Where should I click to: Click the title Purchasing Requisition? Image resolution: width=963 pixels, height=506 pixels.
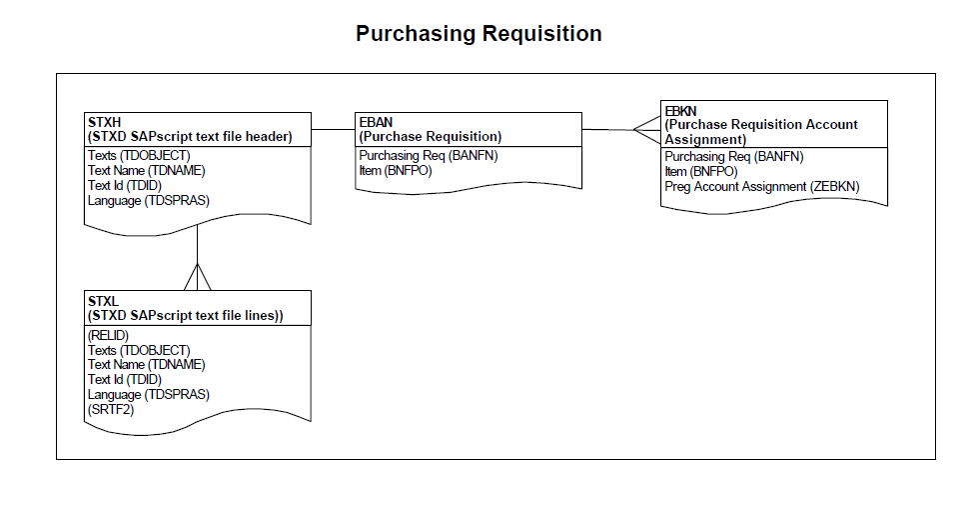[x=479, y=34]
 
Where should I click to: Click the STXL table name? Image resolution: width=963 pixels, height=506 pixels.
[x=103, y=300]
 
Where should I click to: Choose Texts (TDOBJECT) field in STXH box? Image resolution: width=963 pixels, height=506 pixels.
[x=139, y=156]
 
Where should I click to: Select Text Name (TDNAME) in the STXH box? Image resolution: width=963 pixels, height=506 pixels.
[x=146, y=171]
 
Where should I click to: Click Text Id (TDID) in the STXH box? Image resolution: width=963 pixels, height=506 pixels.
[x=125, y=185]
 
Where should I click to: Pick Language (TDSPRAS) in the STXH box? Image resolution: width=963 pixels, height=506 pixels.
[x=149, y=200]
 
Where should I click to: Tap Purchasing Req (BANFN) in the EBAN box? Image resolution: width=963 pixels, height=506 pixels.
[x=428, y=156]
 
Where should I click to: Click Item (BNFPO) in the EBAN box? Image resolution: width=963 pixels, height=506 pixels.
[x=395, y=171]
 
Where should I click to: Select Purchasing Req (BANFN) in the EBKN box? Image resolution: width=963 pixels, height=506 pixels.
[x=734, y=157]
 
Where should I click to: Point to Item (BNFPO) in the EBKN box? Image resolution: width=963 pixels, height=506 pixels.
[x=701, y=171]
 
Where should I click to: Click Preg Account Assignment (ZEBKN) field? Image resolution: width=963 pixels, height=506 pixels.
[x=761, y=186]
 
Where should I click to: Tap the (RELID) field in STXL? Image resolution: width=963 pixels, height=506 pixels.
[x=109, y=335]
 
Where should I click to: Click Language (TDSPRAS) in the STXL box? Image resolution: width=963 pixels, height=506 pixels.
[x=149, y=394]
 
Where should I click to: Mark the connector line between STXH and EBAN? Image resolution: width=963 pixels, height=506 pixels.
[x=333, y=129]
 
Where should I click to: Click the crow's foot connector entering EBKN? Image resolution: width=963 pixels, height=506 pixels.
[x=644, y=129]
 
